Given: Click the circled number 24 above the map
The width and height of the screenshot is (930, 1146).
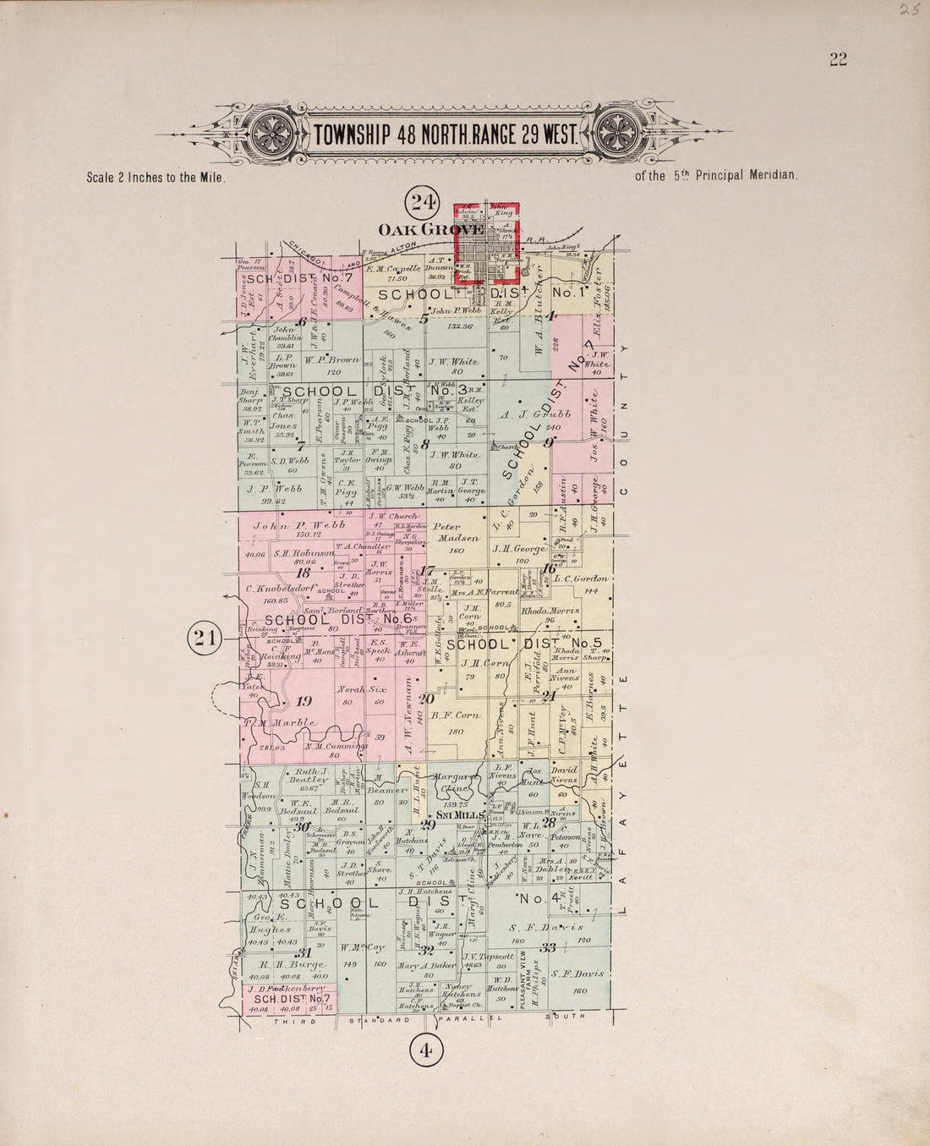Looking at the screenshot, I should coord(424,201).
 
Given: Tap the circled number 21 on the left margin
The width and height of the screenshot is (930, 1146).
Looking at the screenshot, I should coord(204,638).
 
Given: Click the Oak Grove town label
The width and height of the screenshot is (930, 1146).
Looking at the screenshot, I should coord(418,229).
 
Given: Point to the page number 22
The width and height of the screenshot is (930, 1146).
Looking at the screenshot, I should coord(838,59).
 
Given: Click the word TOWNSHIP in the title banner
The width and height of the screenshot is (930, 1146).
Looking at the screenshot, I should coord(353,134).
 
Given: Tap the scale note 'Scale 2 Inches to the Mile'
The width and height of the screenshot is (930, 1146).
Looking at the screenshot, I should coord(154,178).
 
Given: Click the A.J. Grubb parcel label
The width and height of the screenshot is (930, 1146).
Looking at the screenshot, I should coord(536,414).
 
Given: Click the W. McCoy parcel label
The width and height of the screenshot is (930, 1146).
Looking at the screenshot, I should coord(363,947).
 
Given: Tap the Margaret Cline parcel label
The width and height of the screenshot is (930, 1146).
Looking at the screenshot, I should coord(456,781).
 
